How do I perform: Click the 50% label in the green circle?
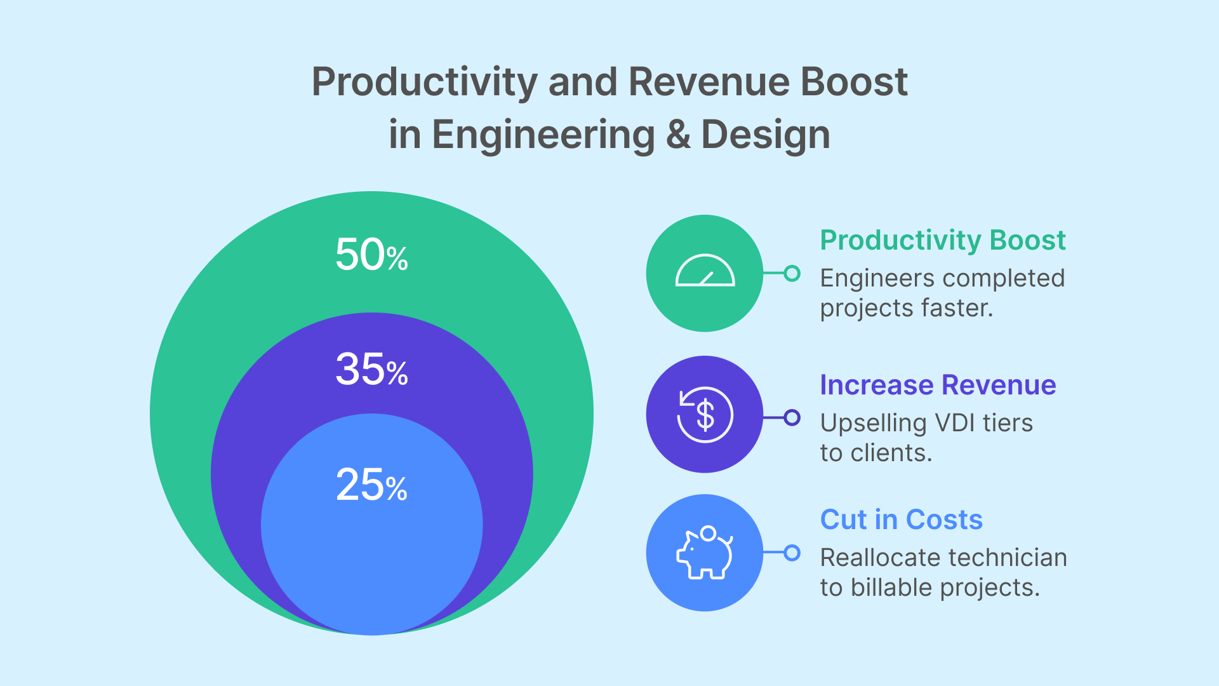coord(371,255)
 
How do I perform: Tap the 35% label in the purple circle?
coord(371,369)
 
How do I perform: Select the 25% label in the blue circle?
coord(371,485)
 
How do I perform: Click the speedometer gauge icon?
coord(705,272)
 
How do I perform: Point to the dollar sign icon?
coord(705,415)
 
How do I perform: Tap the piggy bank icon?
coord(705,553)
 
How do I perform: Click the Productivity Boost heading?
coord(942,240)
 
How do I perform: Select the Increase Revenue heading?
coord(938,385)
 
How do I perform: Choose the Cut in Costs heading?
coord(901,520)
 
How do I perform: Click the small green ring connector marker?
coord(792,273)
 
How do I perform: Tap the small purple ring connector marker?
coord(792,417)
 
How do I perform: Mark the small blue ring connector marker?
coord(792,553)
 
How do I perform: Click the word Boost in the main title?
coord(853,82)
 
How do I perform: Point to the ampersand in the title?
coord(678,135)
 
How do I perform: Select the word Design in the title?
coord(765,135)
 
